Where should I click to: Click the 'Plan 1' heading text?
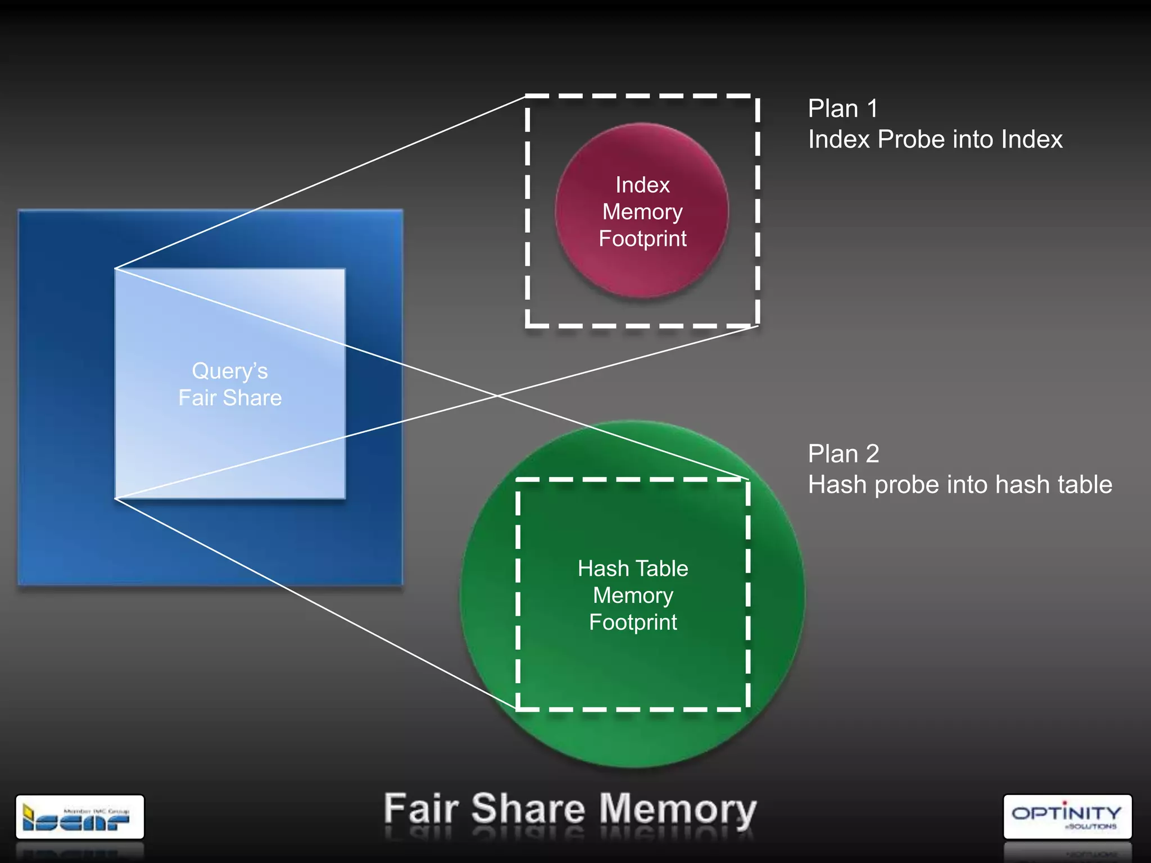[842, 108]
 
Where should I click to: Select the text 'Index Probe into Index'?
[935, 139]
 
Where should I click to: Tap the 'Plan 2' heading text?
[843, 453]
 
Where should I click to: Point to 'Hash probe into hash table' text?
[959, 484]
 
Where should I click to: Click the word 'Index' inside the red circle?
[642, 185]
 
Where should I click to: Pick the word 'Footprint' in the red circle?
[642, 239]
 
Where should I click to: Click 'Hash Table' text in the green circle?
[633, 569]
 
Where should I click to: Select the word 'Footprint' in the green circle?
[633, 623]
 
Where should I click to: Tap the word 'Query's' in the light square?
[230, 371]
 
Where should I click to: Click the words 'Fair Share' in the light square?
[230, 398]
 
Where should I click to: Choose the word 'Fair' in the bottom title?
[421, 809]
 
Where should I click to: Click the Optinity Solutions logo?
[1067, 816]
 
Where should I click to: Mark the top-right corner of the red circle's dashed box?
[758, 97]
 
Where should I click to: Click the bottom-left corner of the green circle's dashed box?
[518, 709]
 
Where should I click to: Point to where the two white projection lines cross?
[497, 396]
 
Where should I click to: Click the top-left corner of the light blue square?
[116, 269]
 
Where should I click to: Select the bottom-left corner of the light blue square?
[116, 498]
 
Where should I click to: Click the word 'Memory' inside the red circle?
[642, 212]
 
